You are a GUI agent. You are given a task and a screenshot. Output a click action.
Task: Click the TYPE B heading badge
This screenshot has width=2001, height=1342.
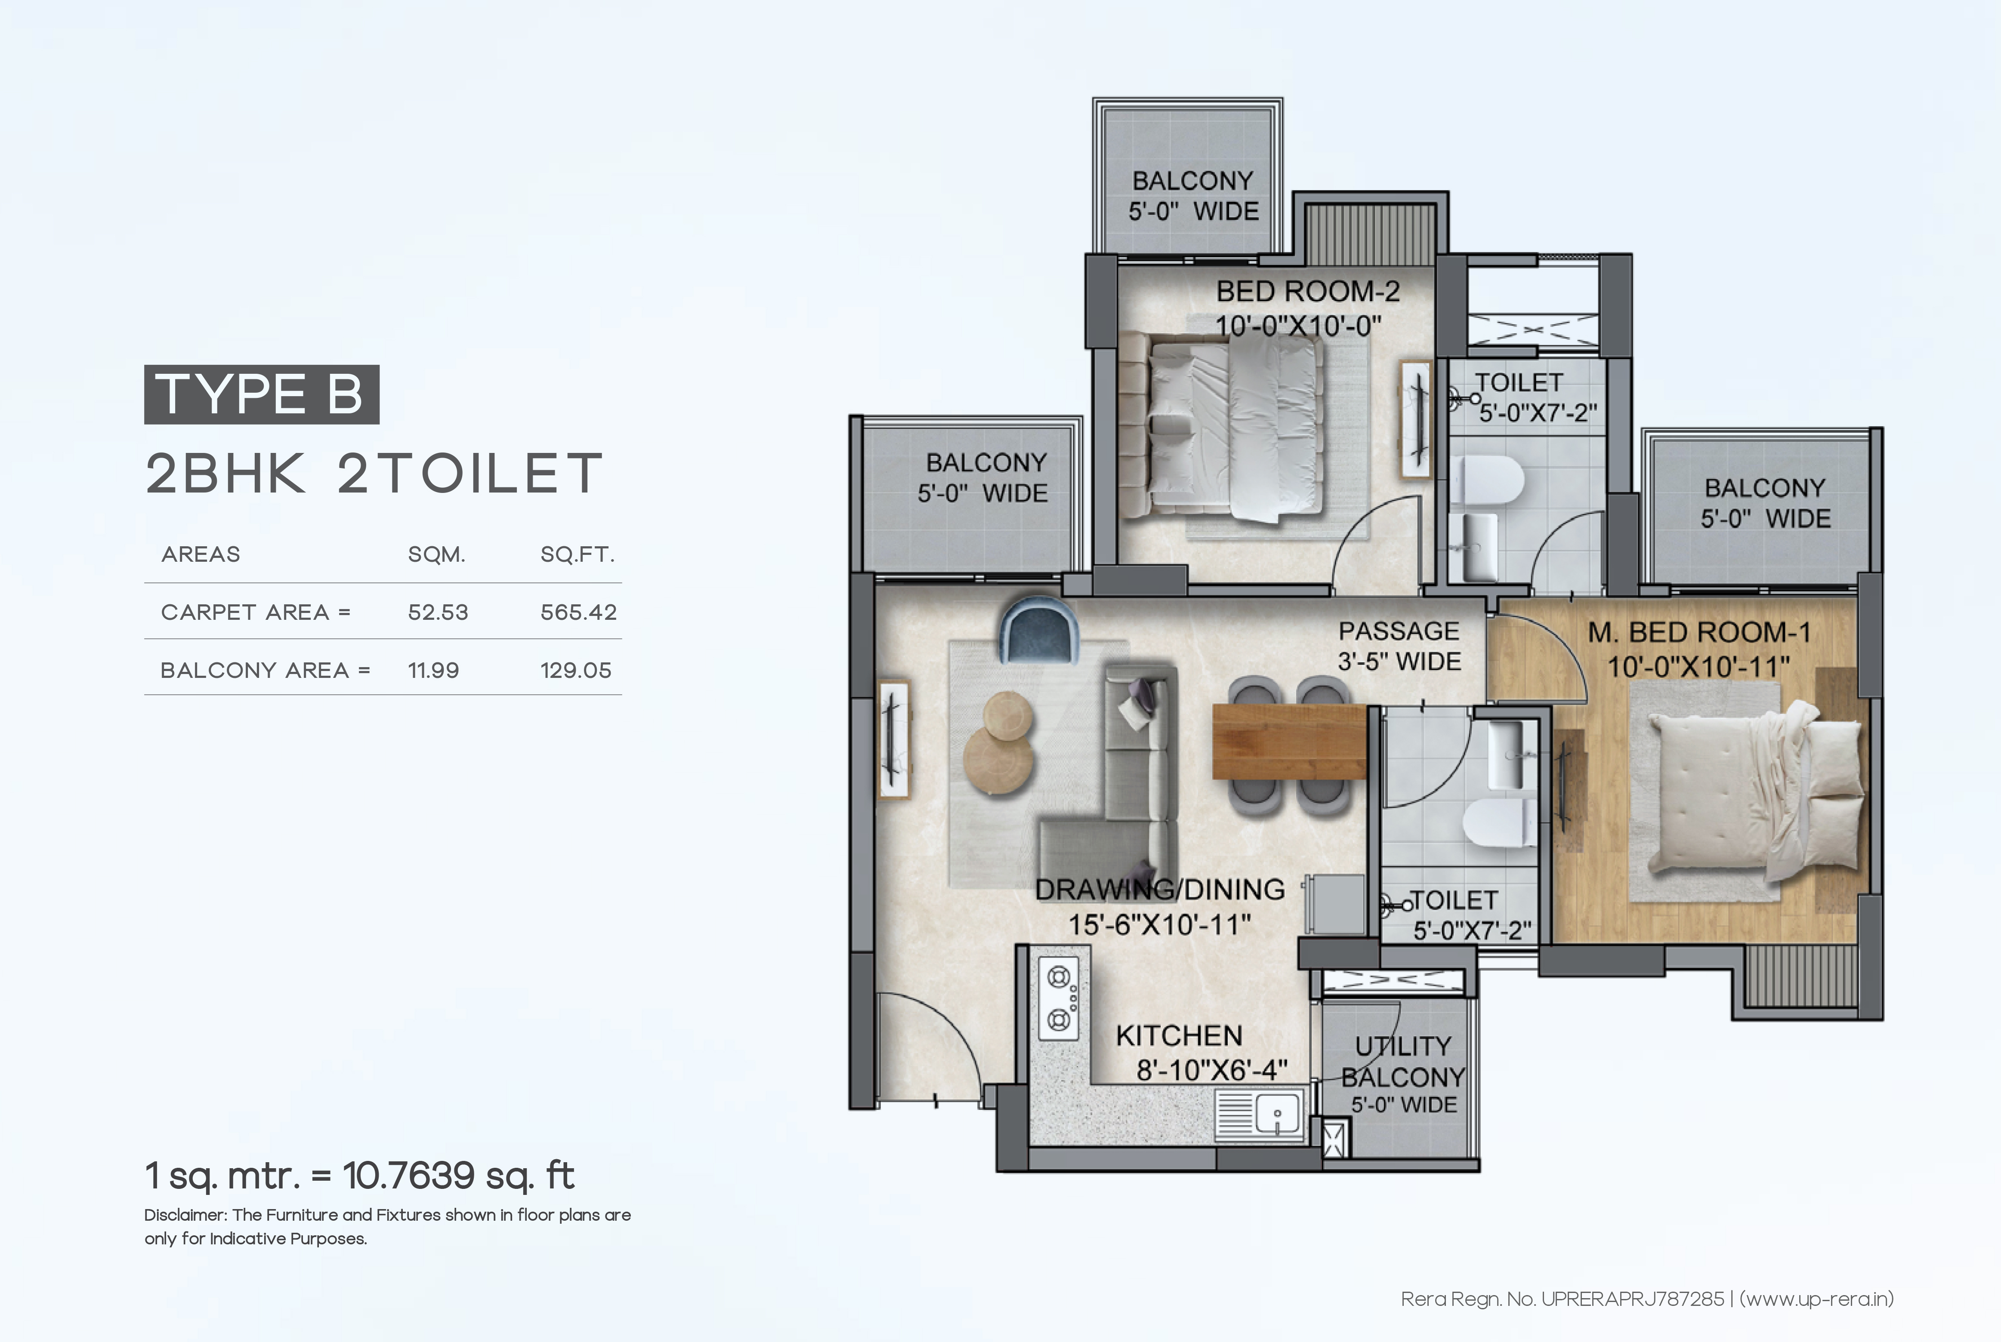261,394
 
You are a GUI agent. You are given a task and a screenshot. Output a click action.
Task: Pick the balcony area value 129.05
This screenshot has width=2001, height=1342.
575,670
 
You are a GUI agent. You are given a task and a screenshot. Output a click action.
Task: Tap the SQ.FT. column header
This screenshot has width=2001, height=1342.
577,554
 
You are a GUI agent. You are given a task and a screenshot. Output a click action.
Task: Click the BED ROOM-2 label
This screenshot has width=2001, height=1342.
1307,292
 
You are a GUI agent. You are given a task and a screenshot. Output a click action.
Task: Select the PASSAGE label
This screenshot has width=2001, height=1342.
1399,631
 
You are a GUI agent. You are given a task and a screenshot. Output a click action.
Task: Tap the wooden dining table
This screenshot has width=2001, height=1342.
1289,741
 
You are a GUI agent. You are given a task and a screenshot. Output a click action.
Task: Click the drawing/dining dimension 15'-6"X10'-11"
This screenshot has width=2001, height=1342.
1159,924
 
